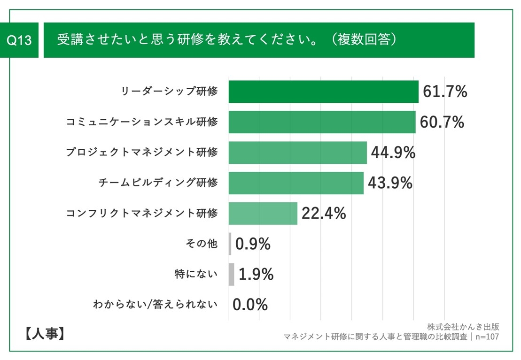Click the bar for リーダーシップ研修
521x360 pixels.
(323, 92)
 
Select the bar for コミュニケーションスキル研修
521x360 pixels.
(322, 122)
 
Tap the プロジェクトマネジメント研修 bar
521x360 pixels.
(297, 153)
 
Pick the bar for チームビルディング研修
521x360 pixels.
(296, 183)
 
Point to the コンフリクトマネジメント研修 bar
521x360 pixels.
(263, 214)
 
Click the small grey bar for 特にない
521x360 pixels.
(231, 275)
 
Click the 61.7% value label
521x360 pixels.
(445, 92)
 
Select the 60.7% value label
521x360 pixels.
(442, 122)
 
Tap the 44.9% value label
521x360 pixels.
(393, 153)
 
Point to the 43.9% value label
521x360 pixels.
(390, 183)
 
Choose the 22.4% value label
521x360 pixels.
(324, 214)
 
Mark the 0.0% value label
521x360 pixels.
(250, 305)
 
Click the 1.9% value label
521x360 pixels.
(256, 275)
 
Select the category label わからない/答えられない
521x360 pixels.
(156, 305)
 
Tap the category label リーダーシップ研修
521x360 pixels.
(169, 92)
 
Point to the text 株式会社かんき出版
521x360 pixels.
(463, 327)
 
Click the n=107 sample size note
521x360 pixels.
(487, 337)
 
